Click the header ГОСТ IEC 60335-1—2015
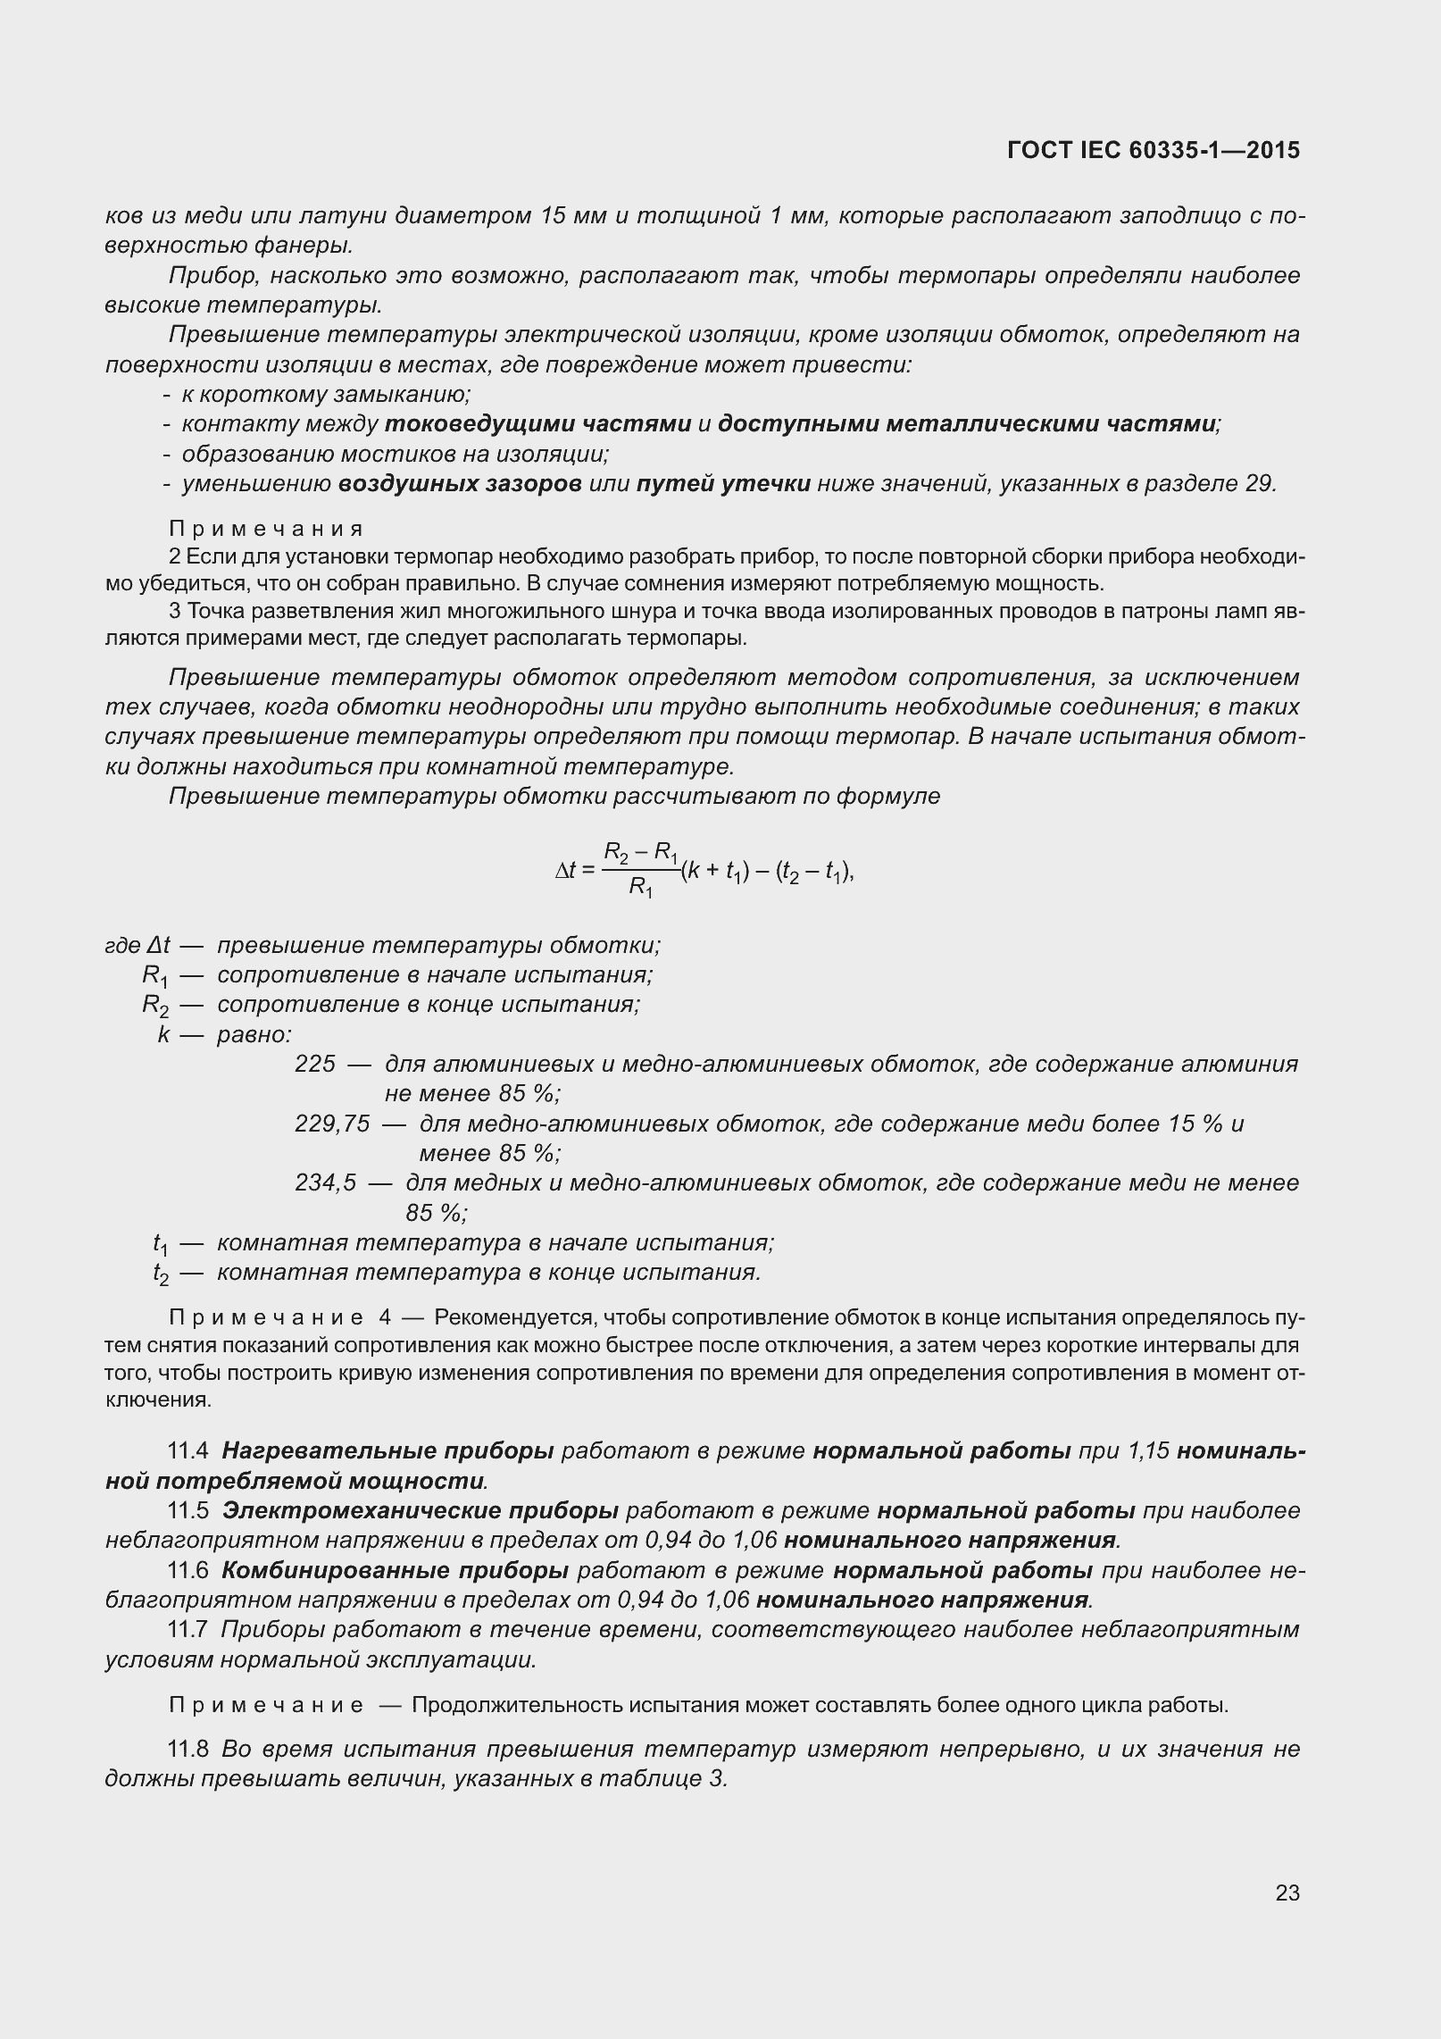click(x=1153, y=151)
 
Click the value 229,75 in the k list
click(x=331, y=1124)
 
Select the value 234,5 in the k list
click(x=325, y=1182)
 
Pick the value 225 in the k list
click(x=315, y=1064)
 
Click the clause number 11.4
click(x=188, y=1450)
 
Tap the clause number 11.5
click(x=188, y=1510)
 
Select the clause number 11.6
click(x=188, y=1569)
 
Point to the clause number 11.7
click(x=188, y=1629)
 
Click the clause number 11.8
click(x=188, y=1748)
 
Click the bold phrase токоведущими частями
click(x=537, y=424)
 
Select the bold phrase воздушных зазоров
click(x=461, y=484)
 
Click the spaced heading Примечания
click(x=266, y=530)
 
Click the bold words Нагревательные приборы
click(x=387, y=1450)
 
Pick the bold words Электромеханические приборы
click(x=421, y=1510)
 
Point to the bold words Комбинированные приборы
click(x=395, y=1569)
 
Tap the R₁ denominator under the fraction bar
click(x=640, y=887)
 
